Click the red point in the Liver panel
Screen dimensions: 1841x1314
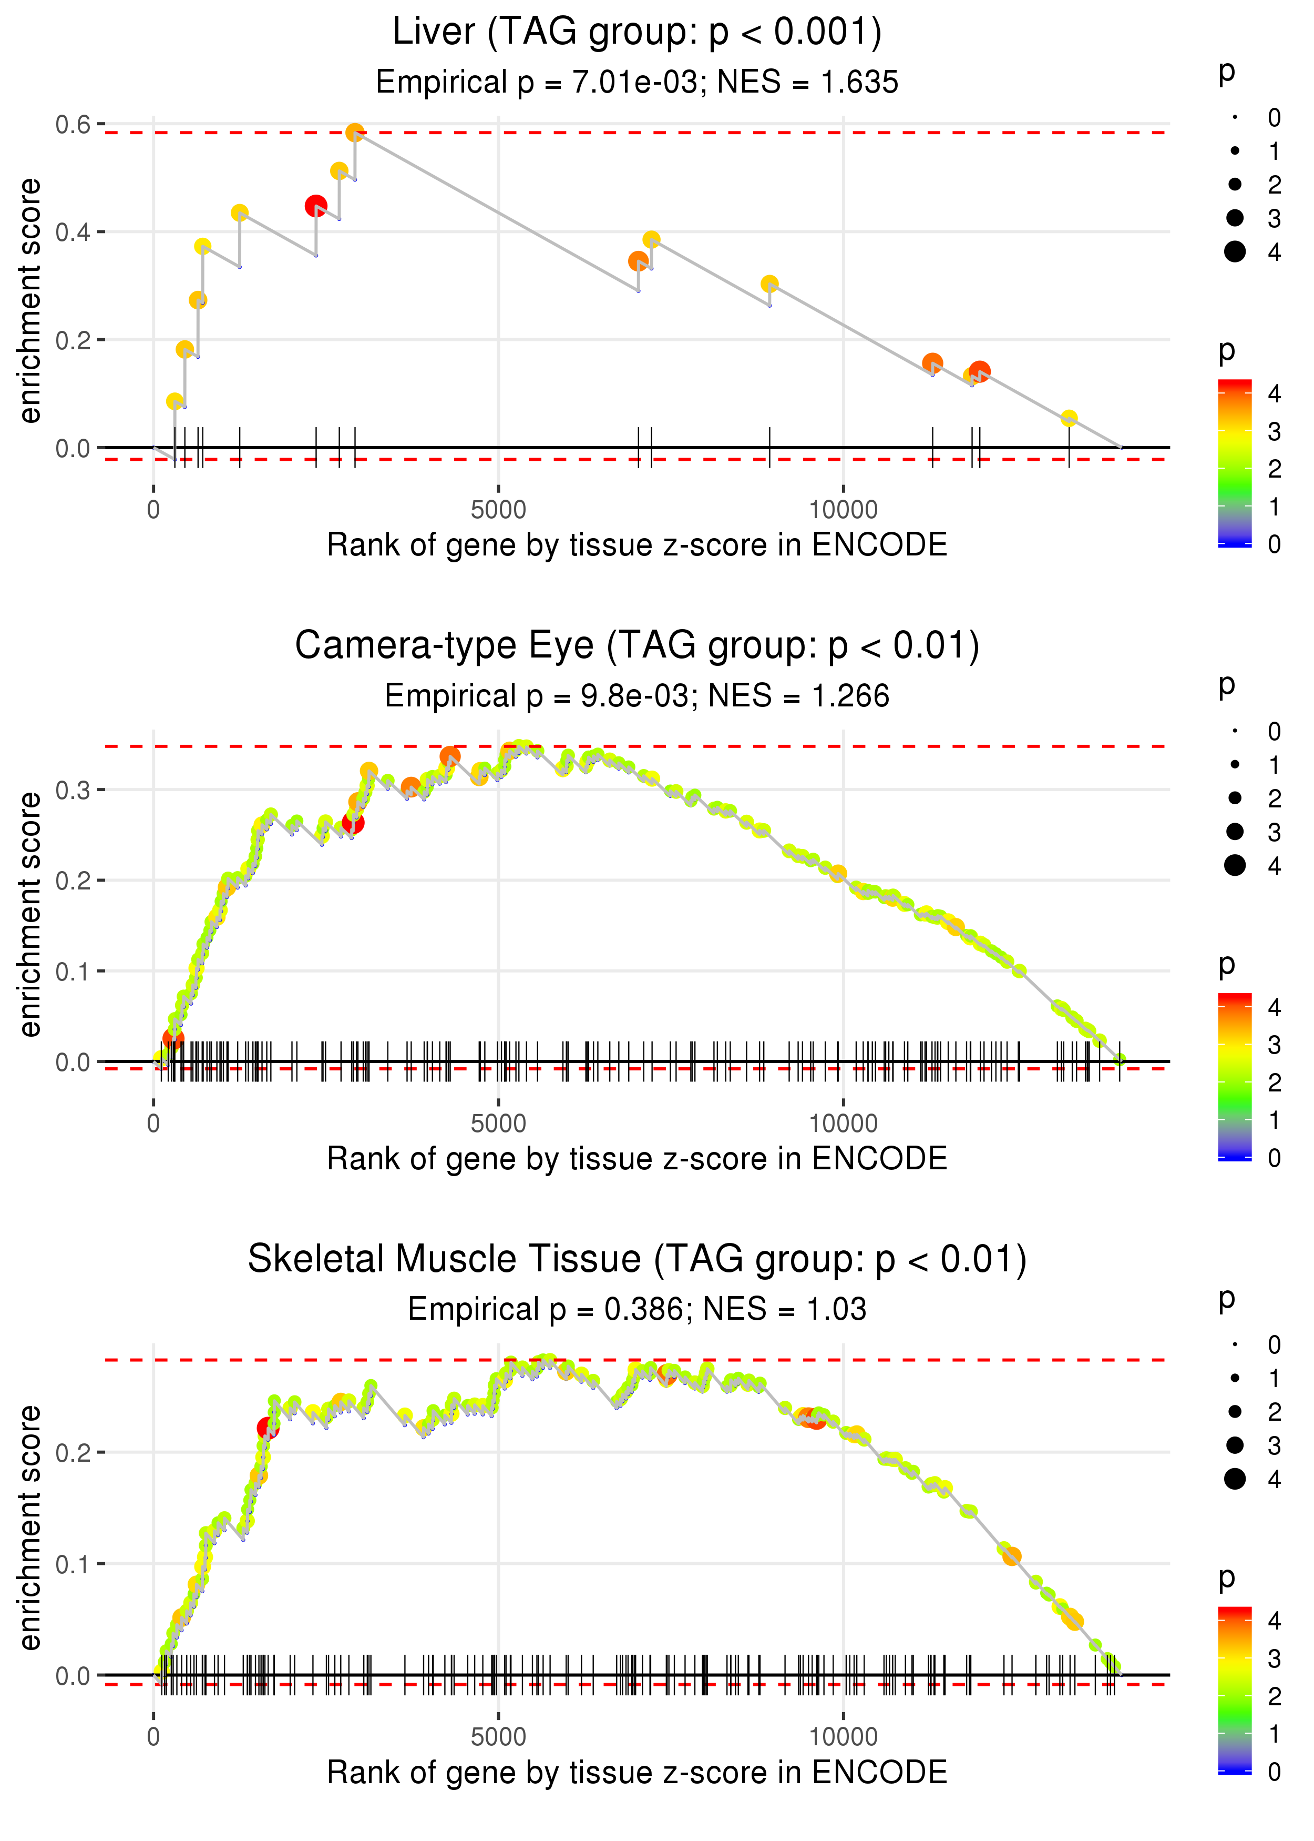[315, 206]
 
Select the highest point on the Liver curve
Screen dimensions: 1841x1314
[354, 133]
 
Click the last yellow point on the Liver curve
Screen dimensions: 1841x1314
[1069, 418]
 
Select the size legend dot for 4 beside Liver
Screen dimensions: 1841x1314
[1235, 252]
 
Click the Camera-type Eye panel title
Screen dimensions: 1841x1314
[637, 646]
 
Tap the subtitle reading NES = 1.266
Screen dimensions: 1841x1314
[637, 695]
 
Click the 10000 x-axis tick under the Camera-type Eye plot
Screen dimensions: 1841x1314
[843, 1123]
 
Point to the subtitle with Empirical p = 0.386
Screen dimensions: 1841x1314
[637, 1309]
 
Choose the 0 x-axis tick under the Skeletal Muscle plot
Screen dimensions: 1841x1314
[153, 1736]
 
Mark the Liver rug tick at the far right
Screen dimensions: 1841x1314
[1069, 447]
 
